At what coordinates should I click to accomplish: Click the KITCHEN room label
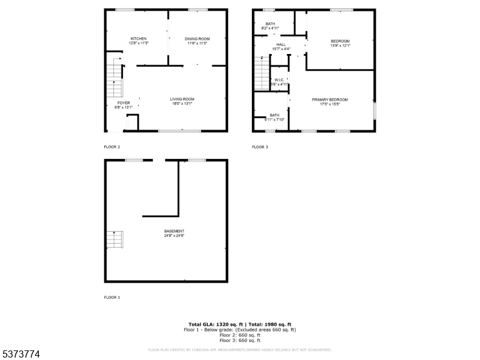(139, 38)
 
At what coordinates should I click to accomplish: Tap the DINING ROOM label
(197, 38)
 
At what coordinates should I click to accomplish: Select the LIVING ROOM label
(182, 99)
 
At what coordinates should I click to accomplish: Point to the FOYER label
(123, 103)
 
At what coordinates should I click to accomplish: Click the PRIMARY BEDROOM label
(329, 100)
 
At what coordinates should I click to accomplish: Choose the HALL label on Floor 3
(281, 44)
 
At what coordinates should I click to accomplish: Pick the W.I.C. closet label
(279, 80)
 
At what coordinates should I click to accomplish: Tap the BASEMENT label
(174, 231)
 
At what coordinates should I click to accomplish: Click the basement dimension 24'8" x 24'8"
(174, 236)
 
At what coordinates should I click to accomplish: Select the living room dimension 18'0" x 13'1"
(182, 104)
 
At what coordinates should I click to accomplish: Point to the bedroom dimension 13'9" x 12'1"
(340, 46)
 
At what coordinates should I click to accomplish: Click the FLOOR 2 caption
(112, 147)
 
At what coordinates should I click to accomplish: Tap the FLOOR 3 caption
(260, 147)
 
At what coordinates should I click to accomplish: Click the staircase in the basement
(114, 239)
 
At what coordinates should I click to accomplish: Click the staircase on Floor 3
(262, 73)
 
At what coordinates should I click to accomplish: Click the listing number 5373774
(21, 355)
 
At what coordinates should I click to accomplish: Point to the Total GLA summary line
(240, 324)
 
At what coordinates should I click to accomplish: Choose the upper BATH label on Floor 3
(271, 24)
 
